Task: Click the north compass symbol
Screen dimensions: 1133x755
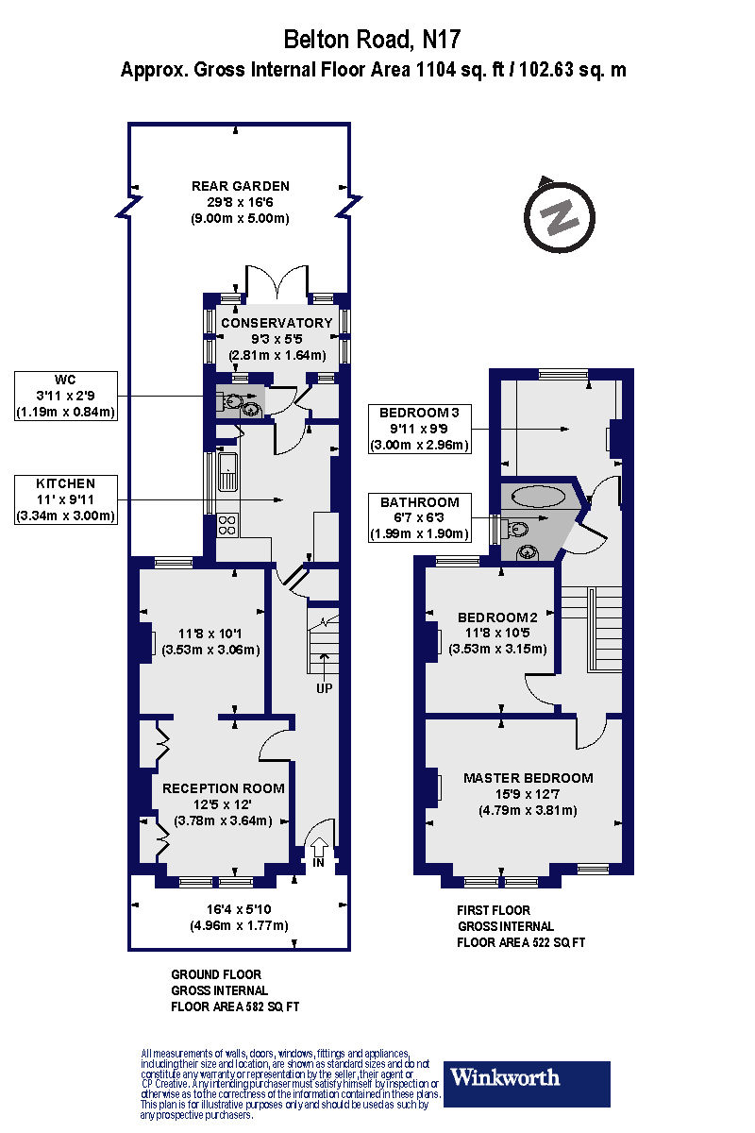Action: click(x=562, y=217)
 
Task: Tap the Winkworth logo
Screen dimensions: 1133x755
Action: click(x=527, y=1083)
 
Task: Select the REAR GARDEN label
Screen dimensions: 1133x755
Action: click(x=240, y=186)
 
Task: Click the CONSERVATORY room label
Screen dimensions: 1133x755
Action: click(x=276, y=323)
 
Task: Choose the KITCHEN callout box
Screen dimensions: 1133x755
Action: click(x=65, y=500)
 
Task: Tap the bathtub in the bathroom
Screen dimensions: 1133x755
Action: click(x=540, y=497)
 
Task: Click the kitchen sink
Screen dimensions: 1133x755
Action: click(x=227, y=471)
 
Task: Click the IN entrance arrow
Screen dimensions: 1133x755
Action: click(x=319, y=849)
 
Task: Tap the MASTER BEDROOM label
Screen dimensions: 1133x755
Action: click(x=528, y=778)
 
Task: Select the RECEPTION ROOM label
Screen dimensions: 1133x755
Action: click(x=223, y=787)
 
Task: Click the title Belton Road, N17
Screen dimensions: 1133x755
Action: click(x=373, y=39)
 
